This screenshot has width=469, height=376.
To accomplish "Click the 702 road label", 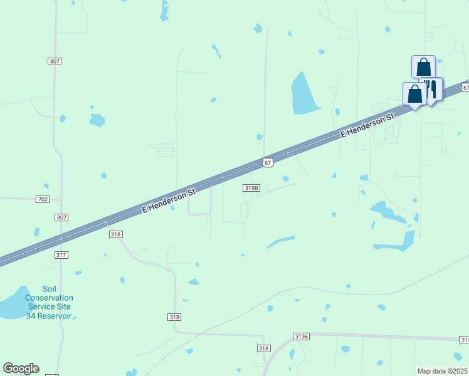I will pyautogui.click(x=43, y=199).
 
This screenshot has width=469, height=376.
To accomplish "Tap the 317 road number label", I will pyautogui.click(x=61, y=255).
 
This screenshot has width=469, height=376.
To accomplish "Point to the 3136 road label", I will pyautogui.click(x=302, y=337).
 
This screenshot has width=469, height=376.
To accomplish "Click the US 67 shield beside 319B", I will pyautogui.click(x=268, y=162).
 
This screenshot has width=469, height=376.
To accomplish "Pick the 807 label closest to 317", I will pyautogui.click(x=61, y=217).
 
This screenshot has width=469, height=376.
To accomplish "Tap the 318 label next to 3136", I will pyautogui.click(x=263, y=348).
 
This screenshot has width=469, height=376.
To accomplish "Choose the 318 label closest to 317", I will pyautogui.click(x=115, y=234).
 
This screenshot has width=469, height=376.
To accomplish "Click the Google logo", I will pyautogui.click(x=21, y=368).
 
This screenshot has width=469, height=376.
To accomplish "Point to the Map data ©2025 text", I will pyautogui.click(x=443, y=371).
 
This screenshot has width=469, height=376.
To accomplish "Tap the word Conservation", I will pyautogui.click(x=49, y=298).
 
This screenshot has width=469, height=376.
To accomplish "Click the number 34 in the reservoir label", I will pyautogui.click(x=31, y=315).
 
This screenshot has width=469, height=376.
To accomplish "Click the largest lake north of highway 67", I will pyautogui.click(x=304, y=95).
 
